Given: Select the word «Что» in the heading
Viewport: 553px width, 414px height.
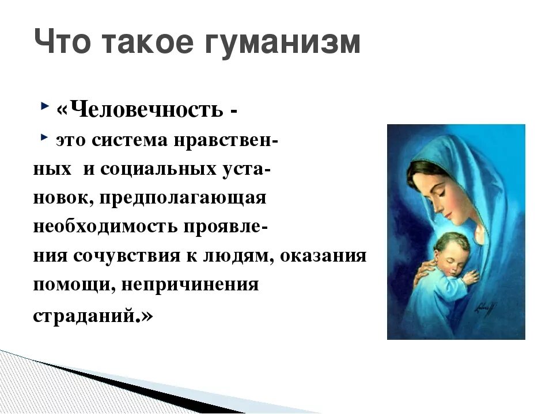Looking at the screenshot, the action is pos(62,41).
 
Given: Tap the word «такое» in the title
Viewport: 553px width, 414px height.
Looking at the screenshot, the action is pos(149,42).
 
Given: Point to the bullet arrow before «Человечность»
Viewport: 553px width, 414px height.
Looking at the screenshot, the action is pos(45,106).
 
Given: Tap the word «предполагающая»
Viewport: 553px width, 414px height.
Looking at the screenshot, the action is pos(183,199).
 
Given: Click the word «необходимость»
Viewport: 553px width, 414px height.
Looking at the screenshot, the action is pos(105,227).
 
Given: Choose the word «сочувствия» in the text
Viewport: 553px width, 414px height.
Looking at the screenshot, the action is pos(127,256).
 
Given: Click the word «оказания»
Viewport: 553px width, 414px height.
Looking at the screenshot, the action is pos(323,256).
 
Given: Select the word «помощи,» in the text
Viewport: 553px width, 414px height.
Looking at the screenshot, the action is pos(74,285).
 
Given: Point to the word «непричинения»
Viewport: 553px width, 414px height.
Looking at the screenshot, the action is pos(190,285).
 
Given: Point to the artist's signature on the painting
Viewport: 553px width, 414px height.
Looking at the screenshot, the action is pos(486,309).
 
